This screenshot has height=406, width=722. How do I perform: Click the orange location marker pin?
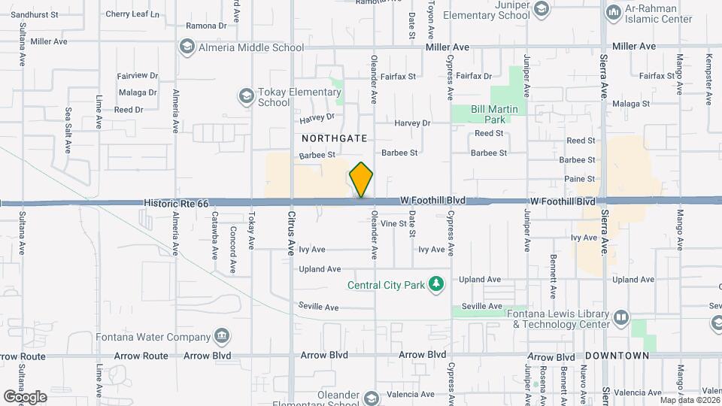pyautogui.click(x=361, y=180)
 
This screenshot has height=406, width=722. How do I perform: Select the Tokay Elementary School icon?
pyautogui.click(x=245, y=96)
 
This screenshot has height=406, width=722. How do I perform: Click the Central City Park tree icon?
pyautogui.click(x=435, y=284)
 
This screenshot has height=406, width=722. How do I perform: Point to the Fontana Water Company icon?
pyautogui.click(x=221, y=335)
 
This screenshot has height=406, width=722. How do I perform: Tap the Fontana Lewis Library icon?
pyautogui.click(x=620, y=317)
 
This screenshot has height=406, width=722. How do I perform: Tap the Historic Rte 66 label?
pyautogui.click(x=176, y=203)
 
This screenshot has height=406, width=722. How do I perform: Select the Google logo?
pyautogui.click(x=25, y=395)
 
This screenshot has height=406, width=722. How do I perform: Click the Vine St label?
pyautogui.click(x=393, y=223)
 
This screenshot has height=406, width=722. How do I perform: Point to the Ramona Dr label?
pyautogui.click(x=206, y=26)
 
